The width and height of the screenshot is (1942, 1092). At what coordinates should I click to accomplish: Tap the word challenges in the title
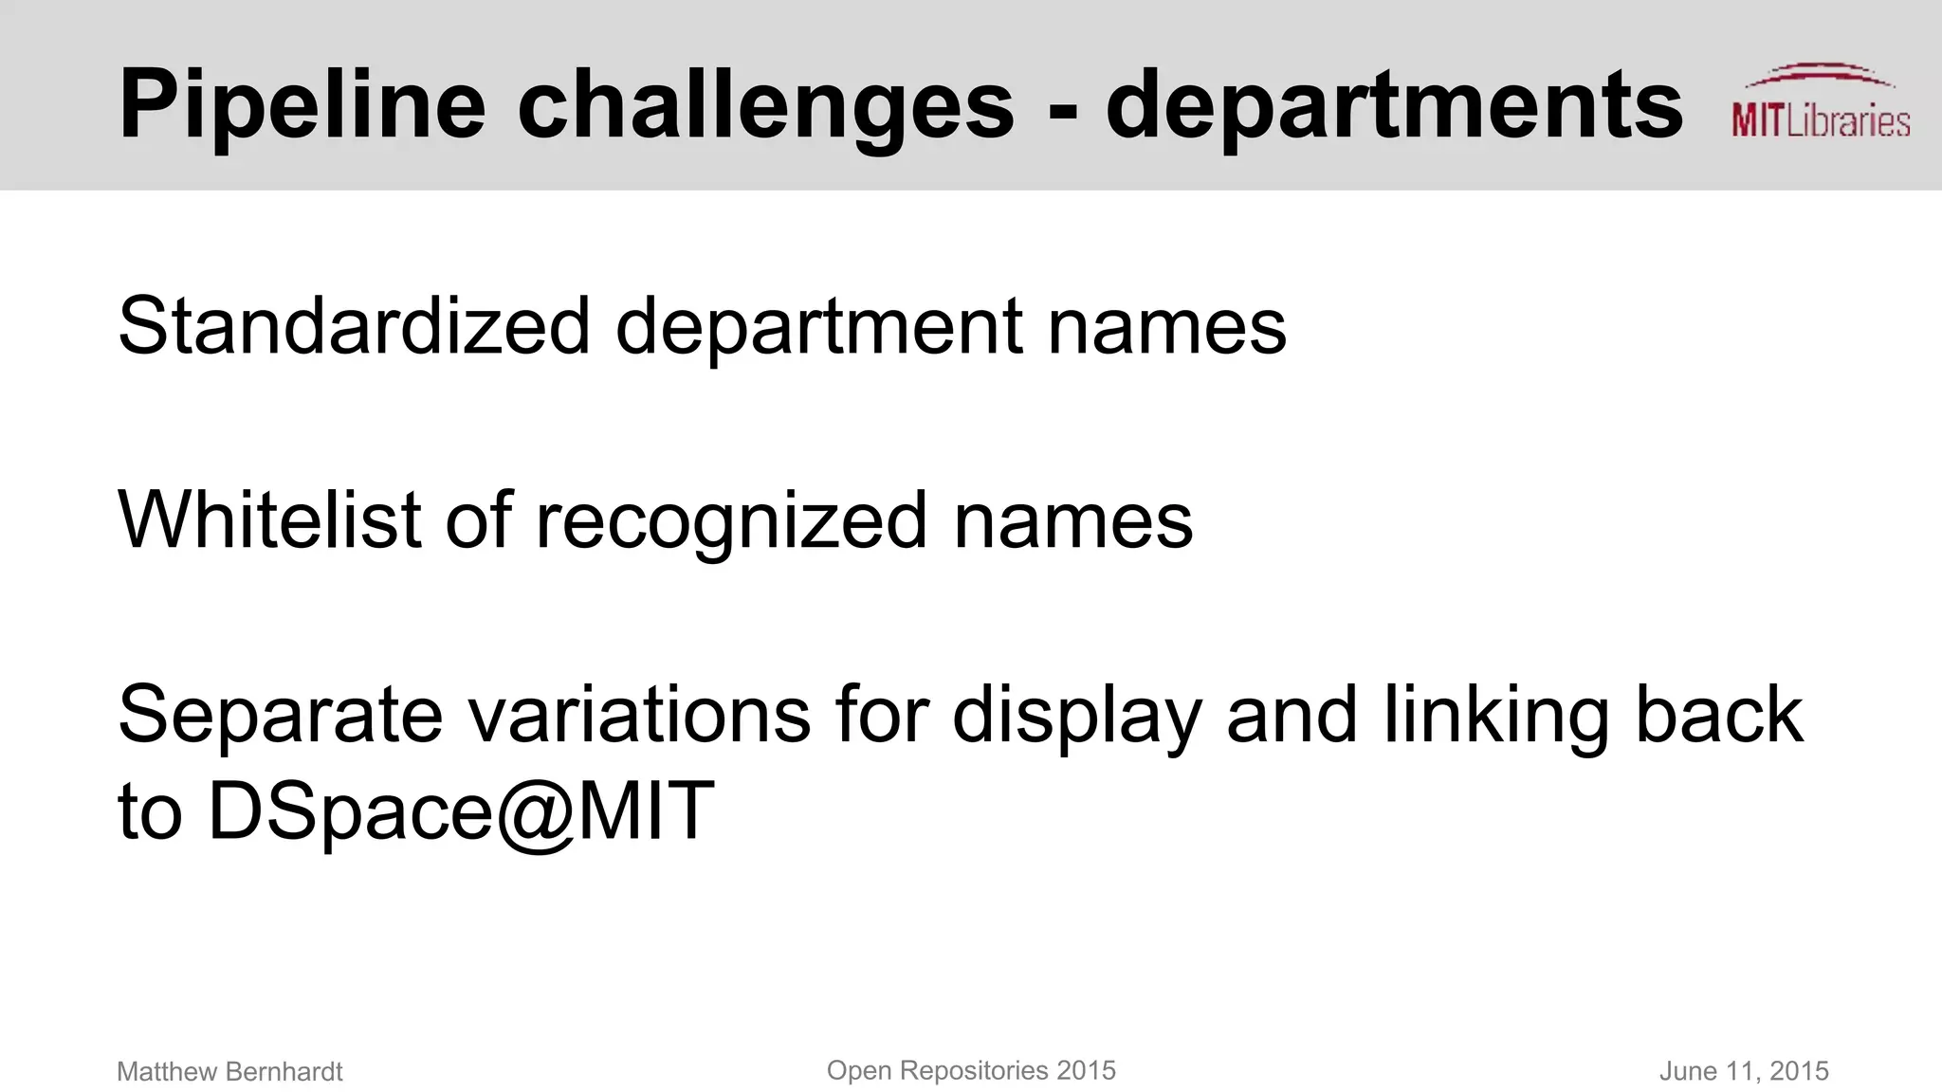765,106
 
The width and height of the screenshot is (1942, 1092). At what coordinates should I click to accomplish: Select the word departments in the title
1394,106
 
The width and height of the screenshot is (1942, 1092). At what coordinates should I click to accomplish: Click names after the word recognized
1073,521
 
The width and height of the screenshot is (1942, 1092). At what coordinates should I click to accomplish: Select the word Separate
281,715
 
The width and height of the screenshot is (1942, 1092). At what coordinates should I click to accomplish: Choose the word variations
640,715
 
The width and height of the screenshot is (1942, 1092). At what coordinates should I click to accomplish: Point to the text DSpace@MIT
461,811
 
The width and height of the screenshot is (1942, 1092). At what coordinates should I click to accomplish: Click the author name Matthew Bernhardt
229,1071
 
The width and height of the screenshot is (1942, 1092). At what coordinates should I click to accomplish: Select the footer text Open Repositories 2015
971,1070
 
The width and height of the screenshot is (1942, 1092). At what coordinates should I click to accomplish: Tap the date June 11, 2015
1743,1071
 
